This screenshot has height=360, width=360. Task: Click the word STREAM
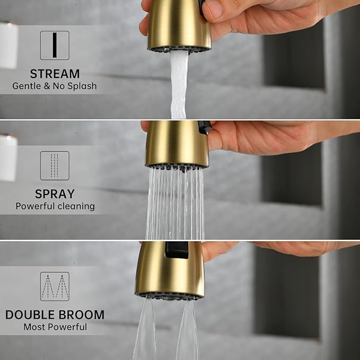pyautogui.click(x=55, y=74)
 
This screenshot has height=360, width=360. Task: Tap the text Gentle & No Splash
pyautogui.click(x=55, y=86)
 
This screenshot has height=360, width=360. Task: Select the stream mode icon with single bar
pyautogui.click(x=55, y=45)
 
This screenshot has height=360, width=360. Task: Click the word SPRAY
pyautogui.click(x=55, y=194)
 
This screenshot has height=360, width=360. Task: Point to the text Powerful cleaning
pyautogui.click(x=55, y=206)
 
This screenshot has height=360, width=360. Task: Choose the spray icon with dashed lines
pyautogui.click(x=55, y=165)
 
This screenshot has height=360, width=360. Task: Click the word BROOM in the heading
pyautogui.click(x=82, y=314)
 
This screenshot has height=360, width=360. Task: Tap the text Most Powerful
pyautogui.click(x=55, y=327)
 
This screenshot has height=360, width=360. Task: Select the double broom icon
pyautogui.click(x=55, y=286)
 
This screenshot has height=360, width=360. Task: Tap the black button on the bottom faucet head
pyautogui.click(x=176, y=250)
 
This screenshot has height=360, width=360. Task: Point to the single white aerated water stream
pyautogui.click(x=179, y=85)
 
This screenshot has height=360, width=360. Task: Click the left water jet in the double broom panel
pyautogui.click(x=145, y=331)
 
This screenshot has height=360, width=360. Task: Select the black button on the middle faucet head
pyautogui.click(x=204, y=127)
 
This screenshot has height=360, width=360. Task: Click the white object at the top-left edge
pyautogui.click(x=8, y=45)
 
